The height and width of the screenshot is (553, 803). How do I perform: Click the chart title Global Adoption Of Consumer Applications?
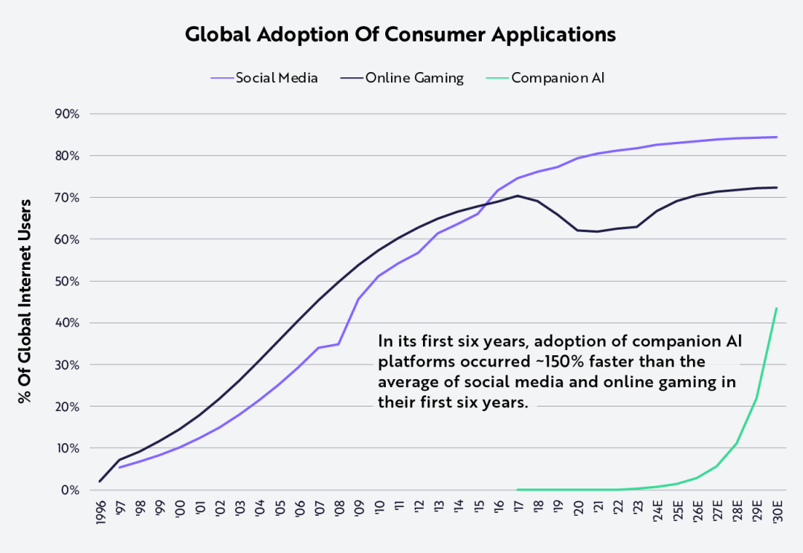(x=400, y=34)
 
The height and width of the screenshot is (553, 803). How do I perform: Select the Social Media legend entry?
(x=277, y=78)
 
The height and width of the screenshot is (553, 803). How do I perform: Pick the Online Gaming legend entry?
(x=414, y=78)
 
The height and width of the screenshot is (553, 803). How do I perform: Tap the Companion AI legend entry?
(x=558, y=78)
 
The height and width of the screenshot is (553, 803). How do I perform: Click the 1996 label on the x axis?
(x=100, y=513)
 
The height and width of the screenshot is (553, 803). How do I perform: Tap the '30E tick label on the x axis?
(x=776, y=513)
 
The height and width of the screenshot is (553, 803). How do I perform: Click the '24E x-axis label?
(x=657, y=512)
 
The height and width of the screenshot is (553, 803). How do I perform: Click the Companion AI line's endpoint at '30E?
(x=777, y=308)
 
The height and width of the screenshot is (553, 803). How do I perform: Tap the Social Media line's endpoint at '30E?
(x=777, y=137)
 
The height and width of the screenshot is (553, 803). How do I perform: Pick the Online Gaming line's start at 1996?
(x=100, y=482)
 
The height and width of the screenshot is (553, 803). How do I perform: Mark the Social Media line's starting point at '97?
(x=119, y=468)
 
